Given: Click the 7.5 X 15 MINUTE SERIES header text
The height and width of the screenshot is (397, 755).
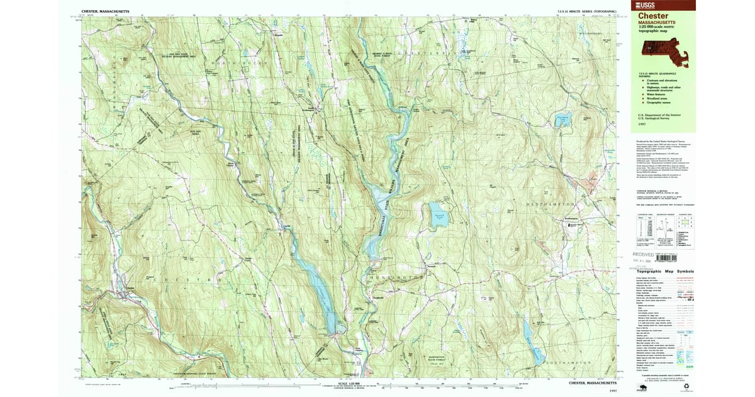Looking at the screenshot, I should tap(579, 11).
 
